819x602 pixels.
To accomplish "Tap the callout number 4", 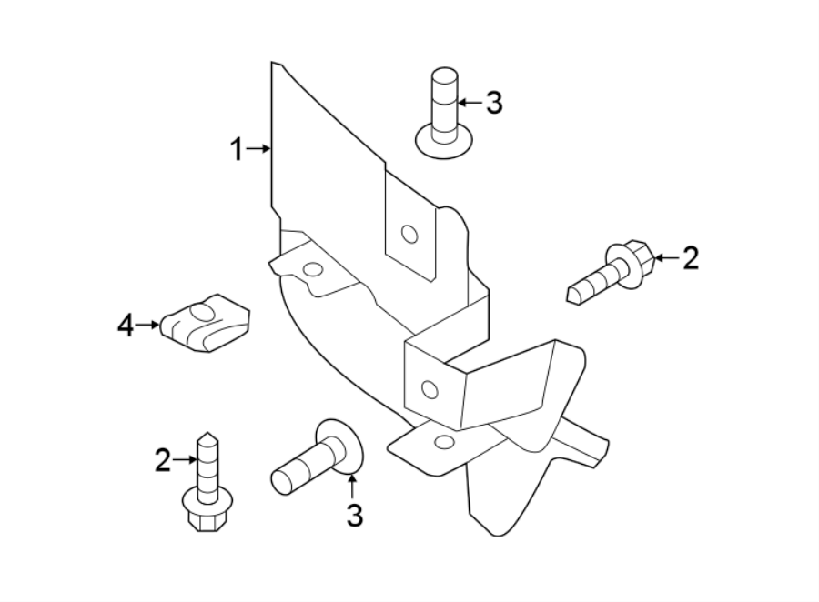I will [x=125, y=325].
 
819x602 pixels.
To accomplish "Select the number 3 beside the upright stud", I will [x=493, y=103].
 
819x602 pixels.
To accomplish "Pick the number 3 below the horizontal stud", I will [x=354, y=516].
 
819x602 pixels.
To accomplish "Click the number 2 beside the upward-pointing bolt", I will [x=163, y=461].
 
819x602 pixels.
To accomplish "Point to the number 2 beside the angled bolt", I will [x=691, y=259].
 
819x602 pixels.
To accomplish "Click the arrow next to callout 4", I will [x=147, y=324].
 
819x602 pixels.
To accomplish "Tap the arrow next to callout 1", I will [x=258, y=148].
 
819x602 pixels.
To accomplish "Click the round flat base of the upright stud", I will [x=442, y=140].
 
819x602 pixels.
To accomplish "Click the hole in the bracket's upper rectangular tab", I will [x=409, y=235].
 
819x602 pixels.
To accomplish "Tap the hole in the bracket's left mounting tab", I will [x=313, y=269].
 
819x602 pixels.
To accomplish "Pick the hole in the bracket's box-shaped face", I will [x=430, y=389].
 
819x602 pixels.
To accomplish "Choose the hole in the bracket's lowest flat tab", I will [x=443, y=443].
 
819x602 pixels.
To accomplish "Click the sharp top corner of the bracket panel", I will [x=272, y=63].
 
